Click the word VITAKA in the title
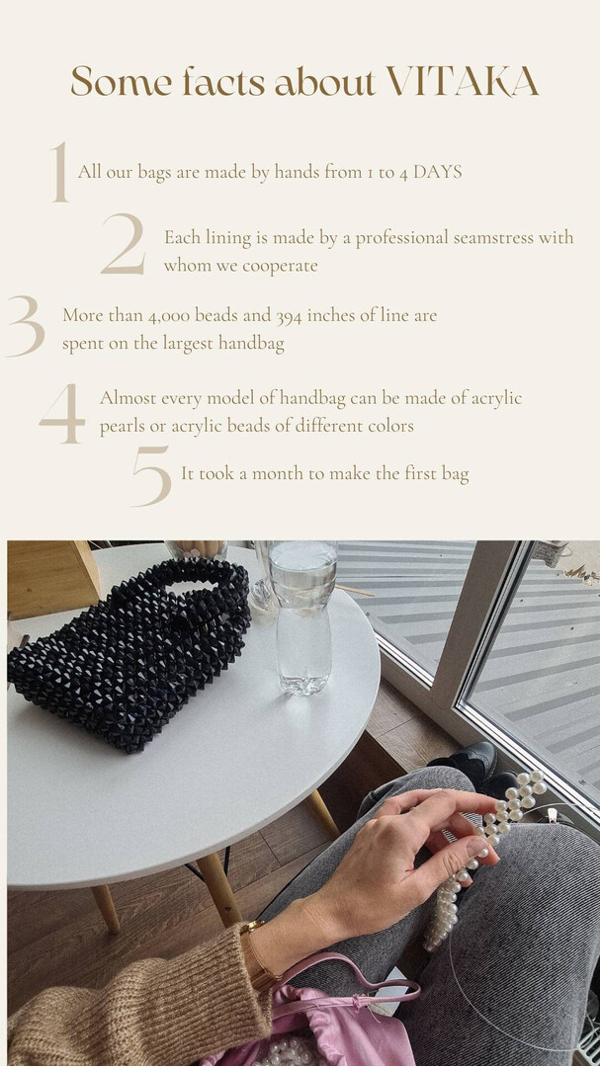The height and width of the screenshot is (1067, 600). [464, 82]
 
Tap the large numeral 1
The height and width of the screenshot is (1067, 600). [60, 172]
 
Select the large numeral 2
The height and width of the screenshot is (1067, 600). [124, 244]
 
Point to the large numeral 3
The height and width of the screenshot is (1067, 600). [26, 326]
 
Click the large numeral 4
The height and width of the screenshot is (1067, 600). [62, 414]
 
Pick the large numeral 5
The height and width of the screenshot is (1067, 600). [152, 475]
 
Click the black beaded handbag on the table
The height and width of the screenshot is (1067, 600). [129, 653]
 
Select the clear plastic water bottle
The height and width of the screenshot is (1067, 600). [302, 616]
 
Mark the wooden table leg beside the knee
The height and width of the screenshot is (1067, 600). [321, 812]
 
